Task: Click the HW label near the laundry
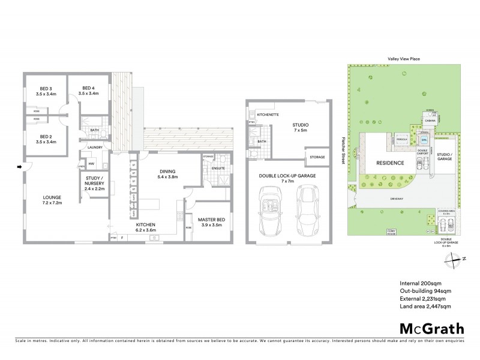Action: point(91,163)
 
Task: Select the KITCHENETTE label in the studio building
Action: point(268,114)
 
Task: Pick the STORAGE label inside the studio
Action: point(317,157)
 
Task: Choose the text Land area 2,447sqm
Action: point(425,307)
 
